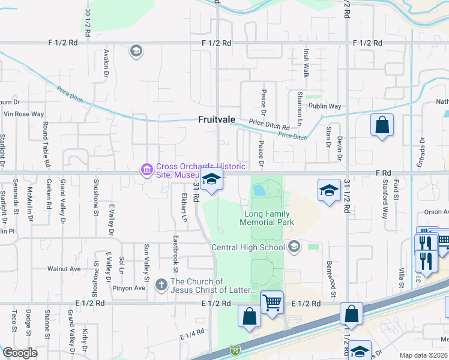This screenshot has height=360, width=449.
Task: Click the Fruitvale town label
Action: [x=217, y=119]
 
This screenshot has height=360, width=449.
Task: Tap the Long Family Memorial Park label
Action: [x=269, y=218]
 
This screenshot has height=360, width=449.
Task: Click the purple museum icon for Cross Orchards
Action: [x=146, y=170]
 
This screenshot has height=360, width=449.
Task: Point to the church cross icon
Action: [x=161, y=285]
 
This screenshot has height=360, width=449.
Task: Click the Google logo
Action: [x=20, y=353]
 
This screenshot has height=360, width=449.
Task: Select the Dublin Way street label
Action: [x=325, y=106]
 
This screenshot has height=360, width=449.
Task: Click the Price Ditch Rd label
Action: [x=270, y=127]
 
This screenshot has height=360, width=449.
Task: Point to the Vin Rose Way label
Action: [x=24, y=113]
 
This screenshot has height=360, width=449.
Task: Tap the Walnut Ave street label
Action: [x=64, y=269]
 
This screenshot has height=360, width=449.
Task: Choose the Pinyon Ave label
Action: [x=129, y=288]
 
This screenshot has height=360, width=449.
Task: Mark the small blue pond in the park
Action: [x=259, y=190]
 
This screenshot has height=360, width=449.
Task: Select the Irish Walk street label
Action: [x=306, y=63]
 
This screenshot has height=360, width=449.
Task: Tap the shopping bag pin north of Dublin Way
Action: [x=382, y=126]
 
